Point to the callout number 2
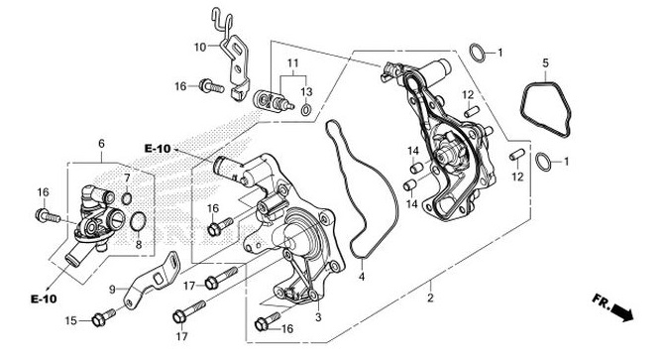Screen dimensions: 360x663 coord(429,297)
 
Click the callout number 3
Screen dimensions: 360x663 coord(317,317)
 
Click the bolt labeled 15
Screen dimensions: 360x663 coord(97,318)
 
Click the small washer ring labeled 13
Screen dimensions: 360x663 coord(306,108)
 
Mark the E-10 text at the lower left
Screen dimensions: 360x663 coord(42,299)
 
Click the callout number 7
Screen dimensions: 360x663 coord(127,178)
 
